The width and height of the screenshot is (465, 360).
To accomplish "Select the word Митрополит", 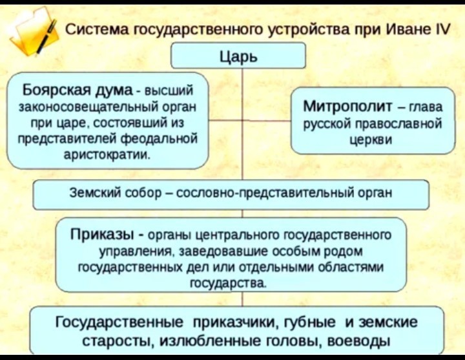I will tap(347, 106).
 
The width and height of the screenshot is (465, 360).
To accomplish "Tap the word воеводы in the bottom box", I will tap(362, 340).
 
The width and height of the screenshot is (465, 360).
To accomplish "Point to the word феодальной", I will tap(160, 138).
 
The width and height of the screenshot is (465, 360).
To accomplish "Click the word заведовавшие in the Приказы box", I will tap(213, 250).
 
